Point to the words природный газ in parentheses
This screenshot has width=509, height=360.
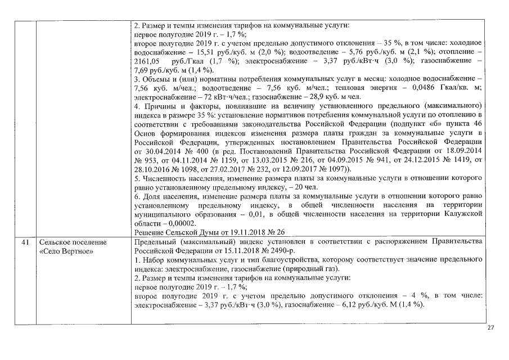304,268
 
